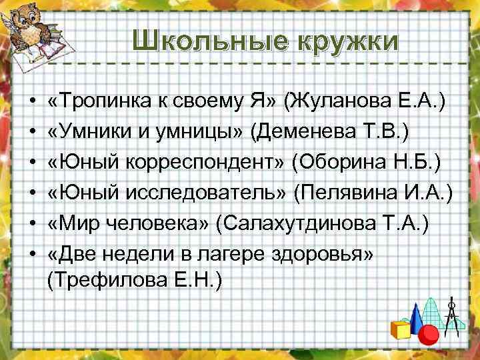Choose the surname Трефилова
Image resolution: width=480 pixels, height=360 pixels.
(x=109, y=280)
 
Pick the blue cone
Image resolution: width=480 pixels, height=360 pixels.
(x=415, y=317)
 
